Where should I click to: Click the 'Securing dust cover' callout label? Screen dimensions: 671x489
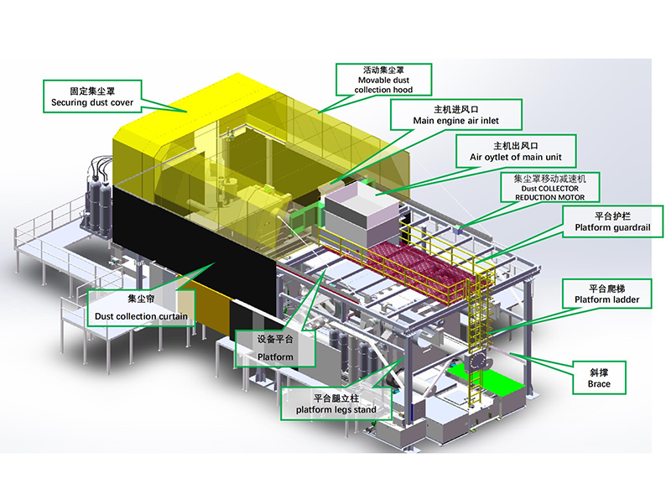(92, 96)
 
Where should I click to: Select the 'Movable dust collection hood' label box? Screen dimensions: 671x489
(383, 80)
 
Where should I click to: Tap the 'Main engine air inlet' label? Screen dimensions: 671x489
(455, 115)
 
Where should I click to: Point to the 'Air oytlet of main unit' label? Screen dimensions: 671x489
(516, 151)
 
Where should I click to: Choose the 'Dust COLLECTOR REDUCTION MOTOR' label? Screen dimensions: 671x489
(550, 187)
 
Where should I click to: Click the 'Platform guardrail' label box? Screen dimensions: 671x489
(612, 221)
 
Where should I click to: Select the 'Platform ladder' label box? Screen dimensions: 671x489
(606, 294)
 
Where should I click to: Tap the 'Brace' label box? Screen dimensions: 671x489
(599, 377)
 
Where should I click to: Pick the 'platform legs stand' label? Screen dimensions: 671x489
(336, 403)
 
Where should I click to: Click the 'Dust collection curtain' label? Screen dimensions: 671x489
(141, 308)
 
